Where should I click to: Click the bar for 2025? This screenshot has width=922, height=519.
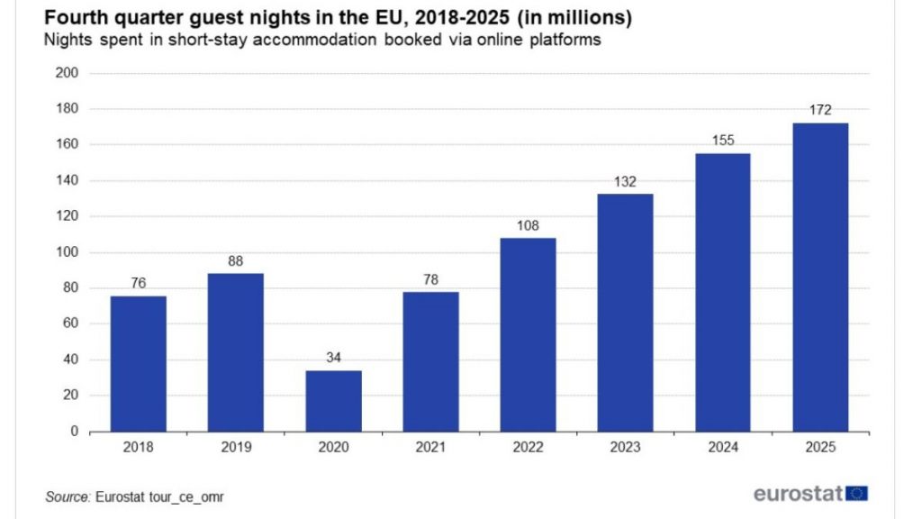pyautogui.click(x=820, y=278)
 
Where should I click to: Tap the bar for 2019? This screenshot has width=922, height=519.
pyautogui.click(x=236, y=352)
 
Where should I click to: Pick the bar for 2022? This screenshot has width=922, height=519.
pyautogui.click(x=528, y=334)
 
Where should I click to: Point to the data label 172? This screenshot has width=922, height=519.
pyautogui.click(x=820, y=110)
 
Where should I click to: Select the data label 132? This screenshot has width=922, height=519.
pyautogui.click(x=625, y=181)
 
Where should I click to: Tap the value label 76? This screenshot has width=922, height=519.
pyautogui.click(x=138, y=283)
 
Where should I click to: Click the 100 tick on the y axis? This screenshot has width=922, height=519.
pyautogui.click(x=68, y=252)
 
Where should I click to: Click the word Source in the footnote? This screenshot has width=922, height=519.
pyautogui.click(x=66, y=496)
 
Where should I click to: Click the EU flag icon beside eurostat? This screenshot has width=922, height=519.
pyautogui.click(x=857, y=493)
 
